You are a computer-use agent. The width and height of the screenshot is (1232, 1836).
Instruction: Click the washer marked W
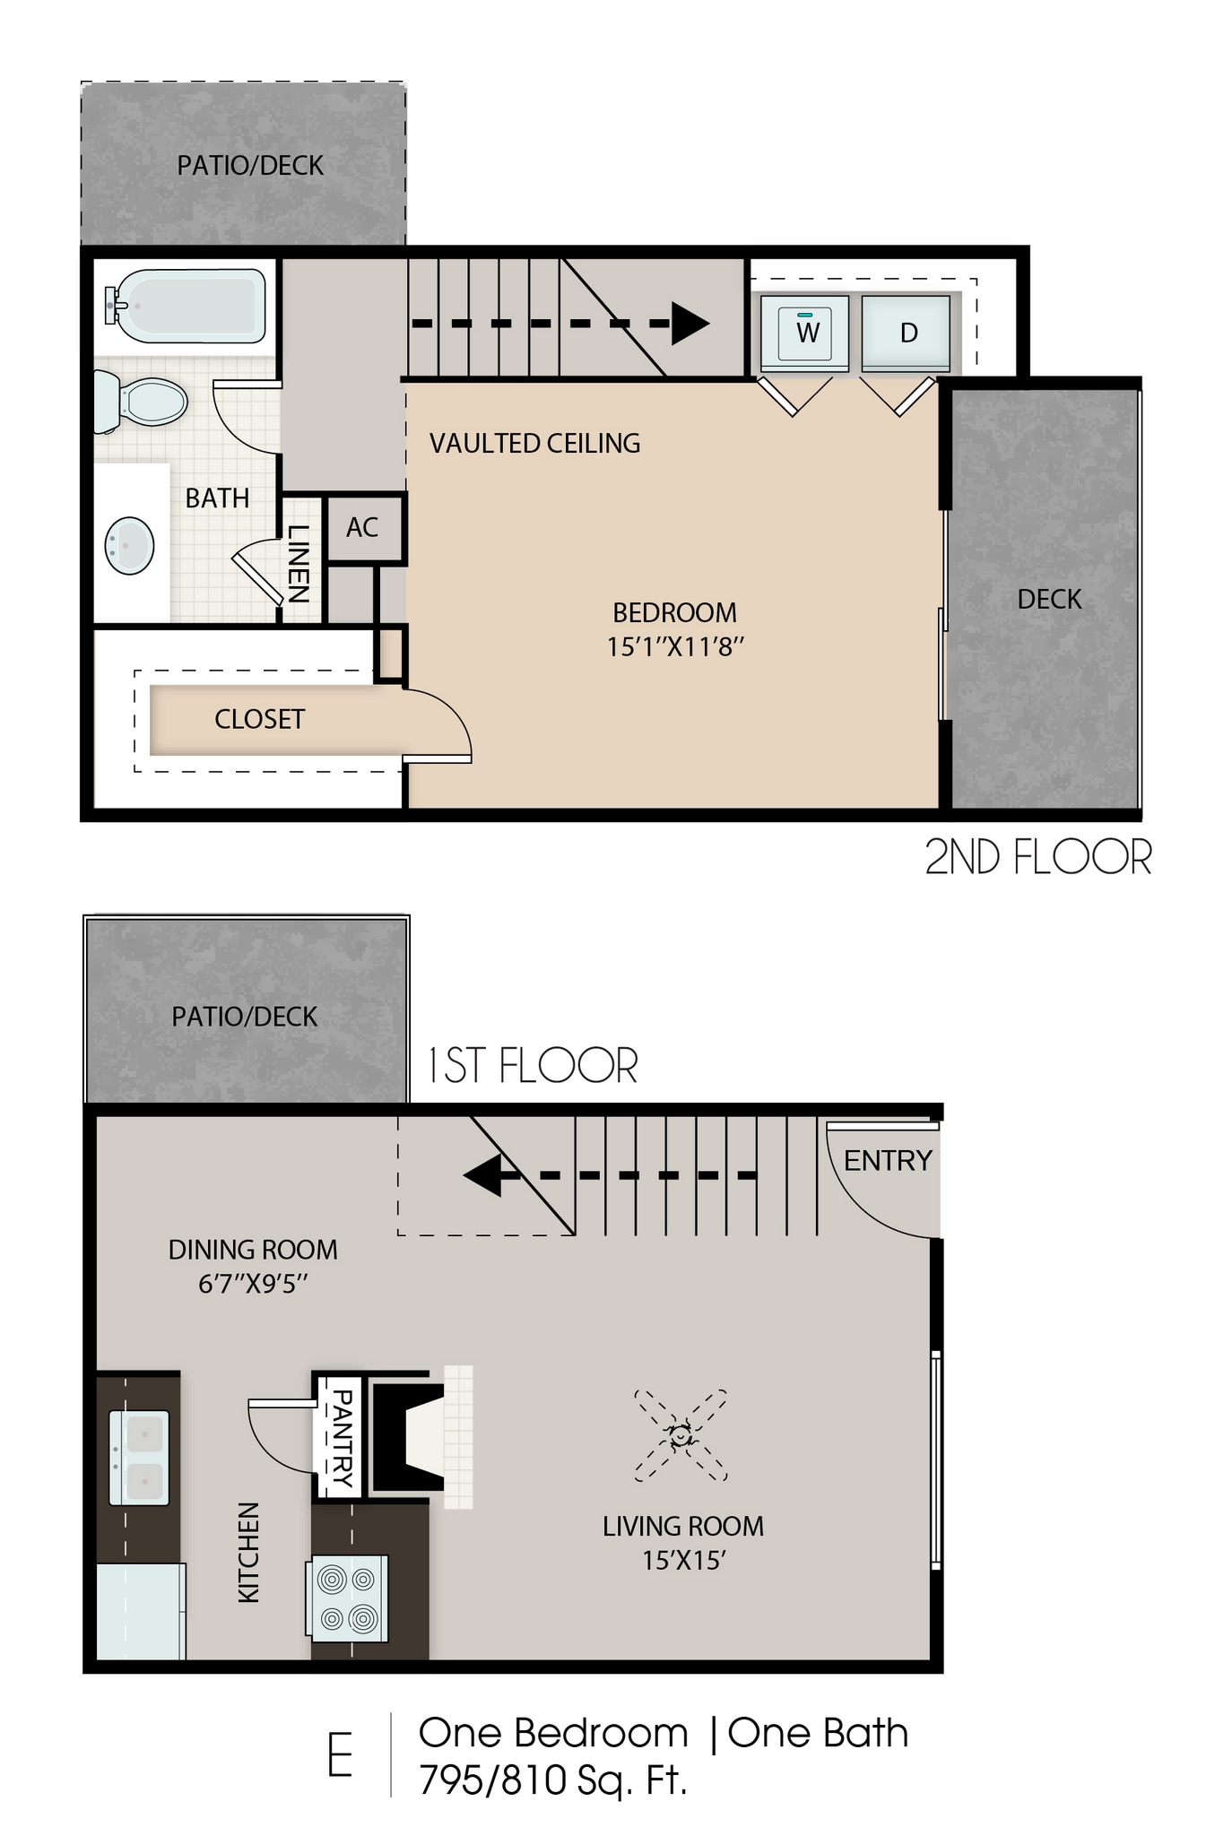click(x=804, y=333)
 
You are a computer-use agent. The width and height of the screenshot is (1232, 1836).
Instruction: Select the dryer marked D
click(x=906, y=333)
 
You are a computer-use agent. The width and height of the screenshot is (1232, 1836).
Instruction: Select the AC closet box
click(x=362, y=528)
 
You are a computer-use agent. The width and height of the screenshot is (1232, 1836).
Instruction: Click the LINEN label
click(x=298, y=563)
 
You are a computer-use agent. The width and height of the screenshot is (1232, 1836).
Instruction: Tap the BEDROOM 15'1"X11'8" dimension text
click(x=675, y=646)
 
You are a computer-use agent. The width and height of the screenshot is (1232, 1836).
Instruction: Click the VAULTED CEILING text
click(x=534, y=444)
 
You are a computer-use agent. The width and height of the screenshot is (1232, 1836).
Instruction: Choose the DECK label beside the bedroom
click(x=1048, y=600)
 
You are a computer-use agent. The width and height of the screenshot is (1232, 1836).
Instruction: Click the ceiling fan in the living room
click(x=681, y=1435)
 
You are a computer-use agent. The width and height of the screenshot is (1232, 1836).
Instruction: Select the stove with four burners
click(x=349, y=1597)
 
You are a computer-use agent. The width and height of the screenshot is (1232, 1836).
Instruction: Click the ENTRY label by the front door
click(x=887, y=1161)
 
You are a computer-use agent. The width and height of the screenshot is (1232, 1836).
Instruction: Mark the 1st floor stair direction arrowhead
click(x=482, y=1175)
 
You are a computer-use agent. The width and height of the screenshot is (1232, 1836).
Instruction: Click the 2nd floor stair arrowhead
click(x=690, y=324)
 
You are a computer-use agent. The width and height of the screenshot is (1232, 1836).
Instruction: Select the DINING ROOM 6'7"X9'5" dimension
click(x=253, y=1284)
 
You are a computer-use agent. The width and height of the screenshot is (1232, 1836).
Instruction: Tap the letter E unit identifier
click(x=340, y=1756)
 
